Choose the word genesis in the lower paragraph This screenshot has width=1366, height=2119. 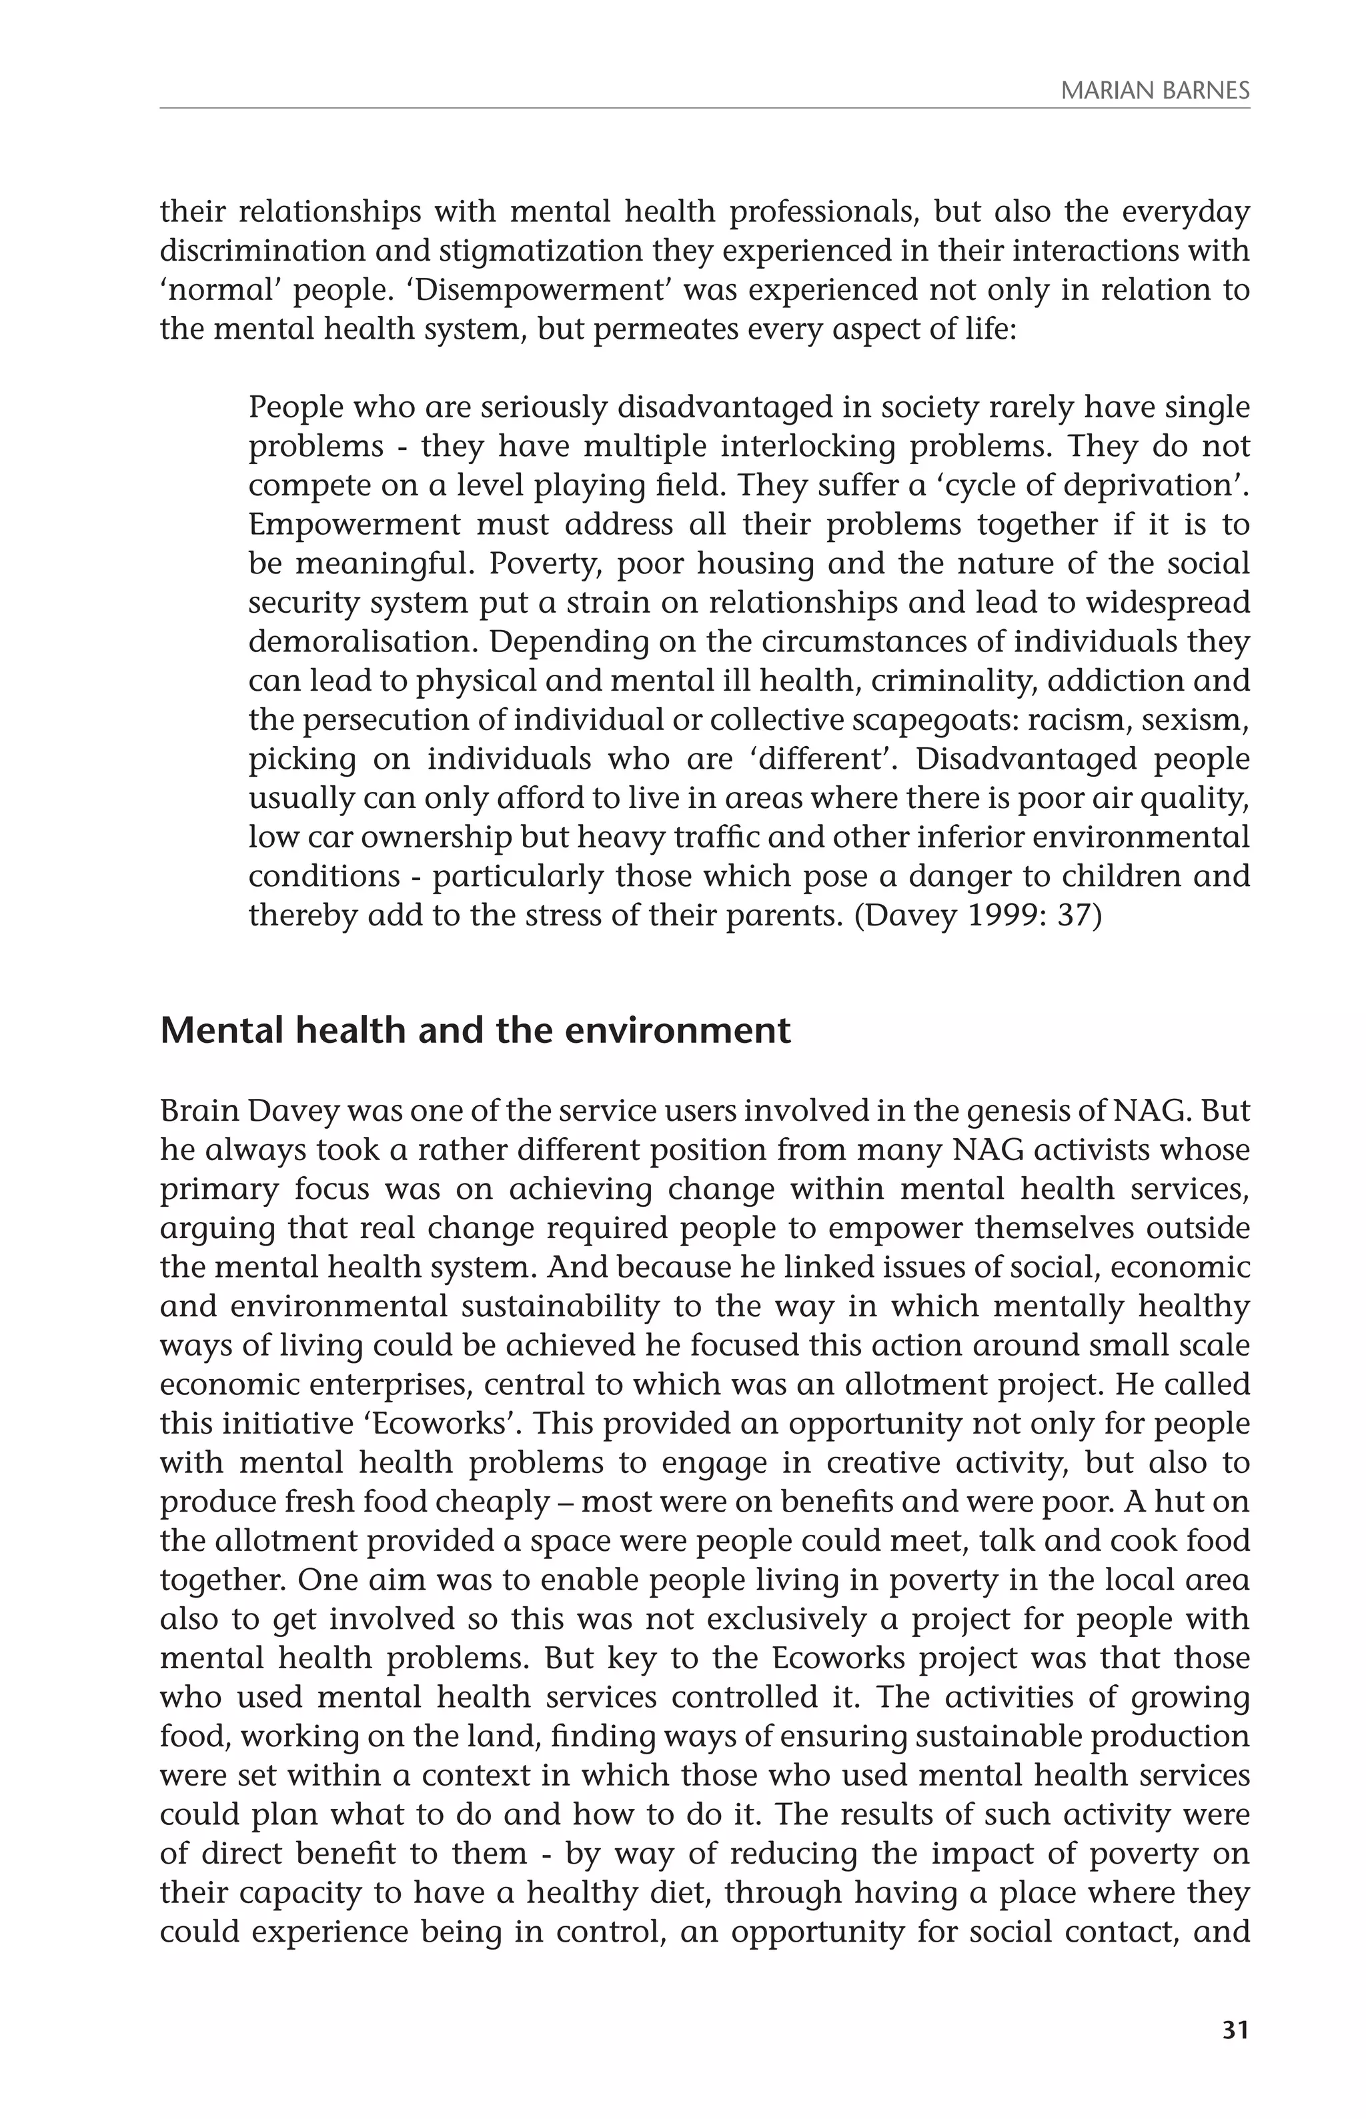(942, 1111)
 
